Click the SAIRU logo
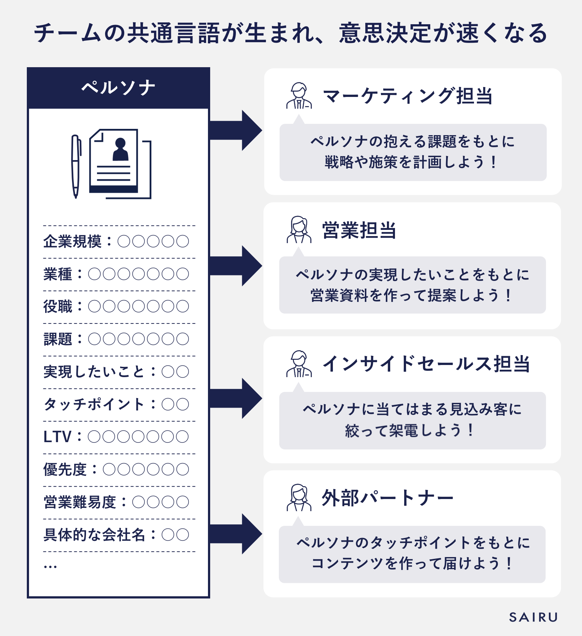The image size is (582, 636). (533, 617)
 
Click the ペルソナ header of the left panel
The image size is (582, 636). (118, 88)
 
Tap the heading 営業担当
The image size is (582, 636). (359, 231)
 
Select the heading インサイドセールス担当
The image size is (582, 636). (426, 364)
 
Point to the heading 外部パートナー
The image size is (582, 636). (387, 498)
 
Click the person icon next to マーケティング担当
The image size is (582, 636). (299, 96)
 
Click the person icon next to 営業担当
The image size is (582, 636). (299, 230)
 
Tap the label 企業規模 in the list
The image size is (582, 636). (72, 242)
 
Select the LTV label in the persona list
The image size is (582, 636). (57, 437)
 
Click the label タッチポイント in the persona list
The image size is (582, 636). (94, 404)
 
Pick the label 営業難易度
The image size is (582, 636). (80, 502)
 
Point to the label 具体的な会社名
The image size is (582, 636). (94, 535)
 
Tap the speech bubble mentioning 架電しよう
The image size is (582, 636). (412, 420)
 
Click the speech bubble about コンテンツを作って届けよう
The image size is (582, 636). (412, 554)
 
